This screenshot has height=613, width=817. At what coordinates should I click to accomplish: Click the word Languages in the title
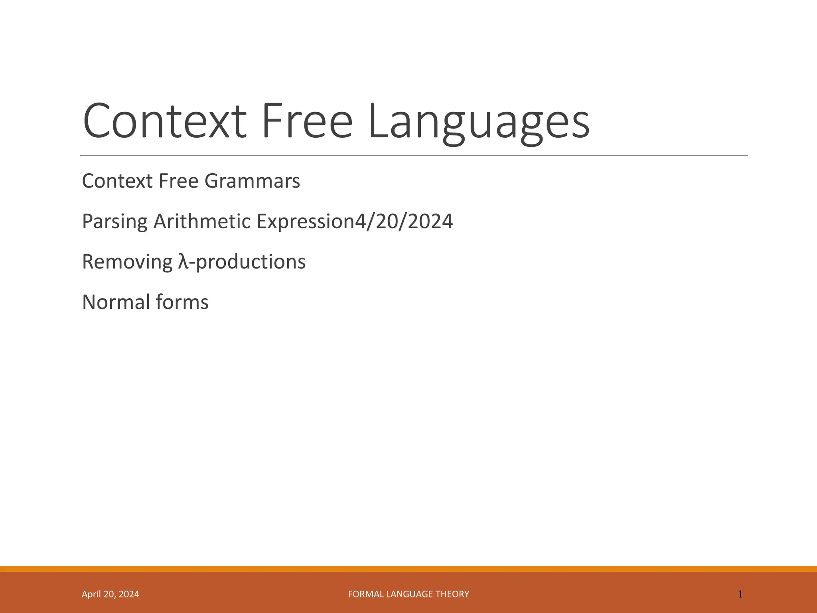pyautogui.click(x=479, y=122)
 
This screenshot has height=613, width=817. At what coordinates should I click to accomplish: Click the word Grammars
pyautogui.click(x=252, y=182)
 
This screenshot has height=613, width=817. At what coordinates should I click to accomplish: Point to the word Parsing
pyautogui.click(x=114, y=222)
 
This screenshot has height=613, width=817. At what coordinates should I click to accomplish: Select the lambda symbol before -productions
pyautogui.click(x=183, y=262)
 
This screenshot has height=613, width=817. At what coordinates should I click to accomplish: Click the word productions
pyautogui.click(x=251, y=263)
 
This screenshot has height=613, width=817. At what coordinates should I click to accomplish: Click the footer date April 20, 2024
pyautogui.click(x=111, y=594)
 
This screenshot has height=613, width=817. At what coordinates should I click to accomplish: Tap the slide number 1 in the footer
pyautogui.click(x=740, y=594)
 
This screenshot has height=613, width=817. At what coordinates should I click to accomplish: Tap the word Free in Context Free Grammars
pyautogui.click(x=179, y=181)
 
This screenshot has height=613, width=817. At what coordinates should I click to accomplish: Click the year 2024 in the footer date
pyautogui.click(x=129, y=594)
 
